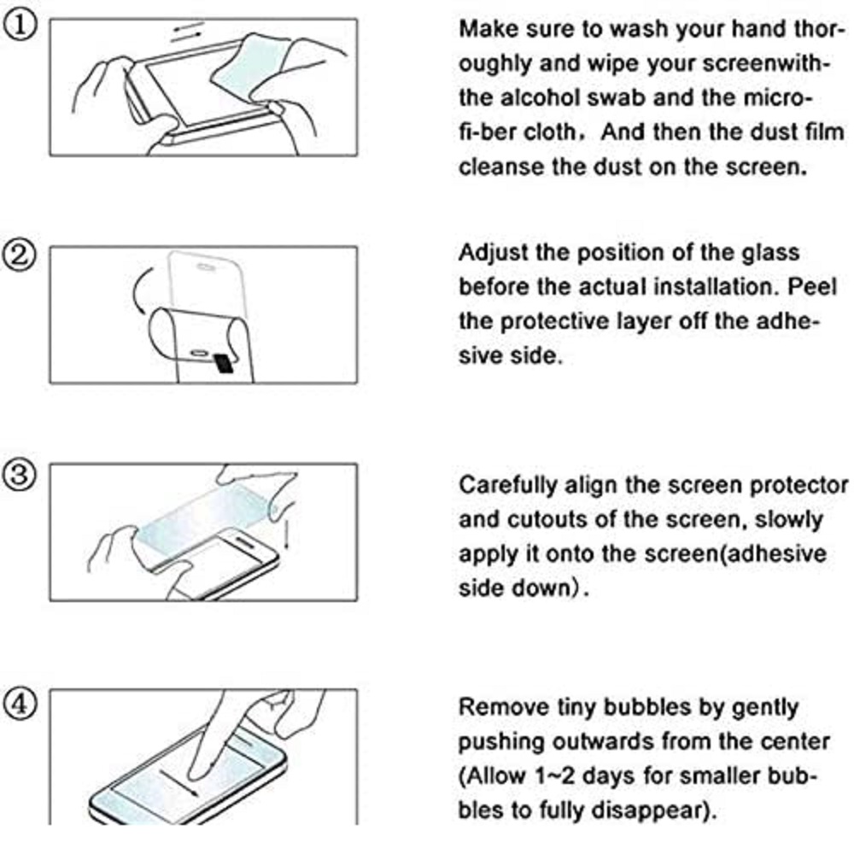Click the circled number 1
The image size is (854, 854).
pos(20,26)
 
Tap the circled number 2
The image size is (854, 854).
pos(20,254)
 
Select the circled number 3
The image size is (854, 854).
pos(20,474)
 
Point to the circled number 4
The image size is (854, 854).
pos(20,704)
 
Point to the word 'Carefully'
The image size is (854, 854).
pos(508,486)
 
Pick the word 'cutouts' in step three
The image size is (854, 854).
pos(547,519)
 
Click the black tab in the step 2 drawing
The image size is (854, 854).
pos(223,363)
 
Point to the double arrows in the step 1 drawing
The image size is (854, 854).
pos(187,32)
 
